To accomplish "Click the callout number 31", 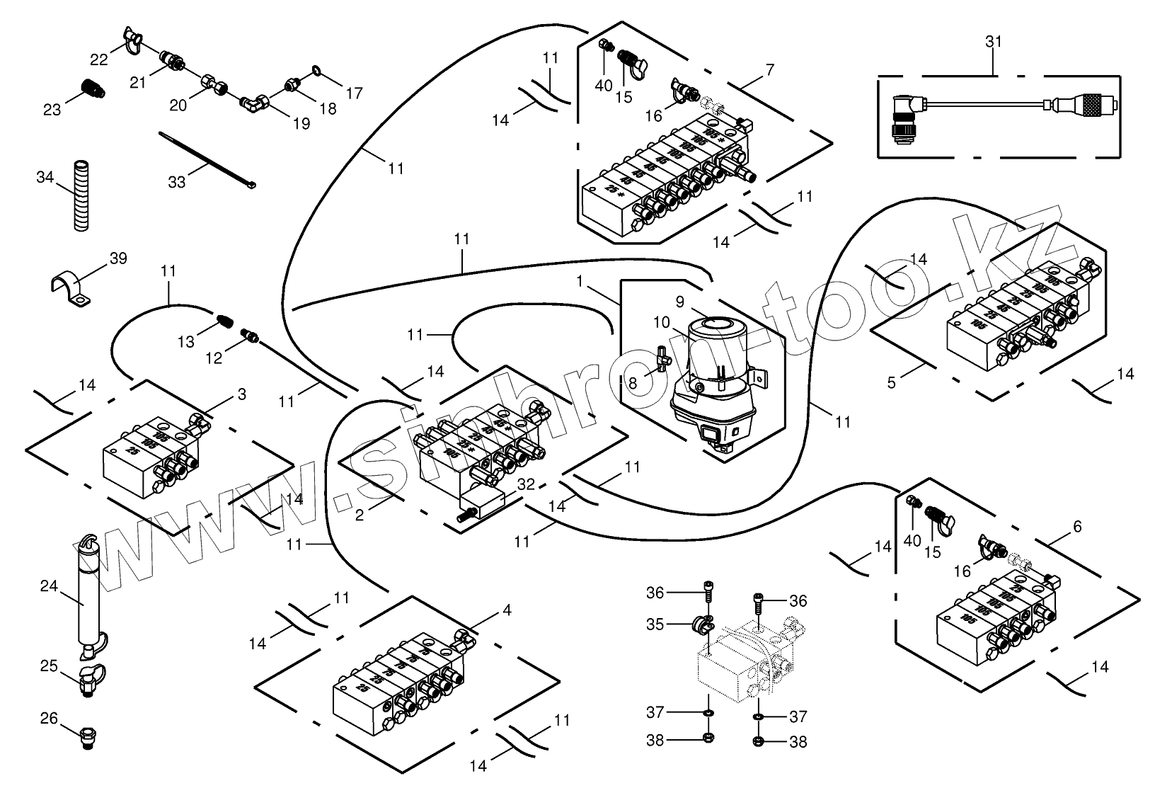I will pos(994,42).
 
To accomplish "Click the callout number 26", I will pos(48,719).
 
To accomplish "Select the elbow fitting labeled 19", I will pos(253,103).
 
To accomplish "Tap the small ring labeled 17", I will pos(316,71).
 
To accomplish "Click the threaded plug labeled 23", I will pos(91,88).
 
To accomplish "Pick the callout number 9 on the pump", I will pos(679,302).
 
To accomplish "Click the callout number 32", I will pos(525,485).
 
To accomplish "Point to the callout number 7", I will pos(770,69).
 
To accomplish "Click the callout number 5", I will pos(892,382).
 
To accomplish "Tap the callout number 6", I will pos(1077,526).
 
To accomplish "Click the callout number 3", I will pos(241,394).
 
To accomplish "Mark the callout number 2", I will pos(360,515).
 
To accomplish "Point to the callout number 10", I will pos(661,323).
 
